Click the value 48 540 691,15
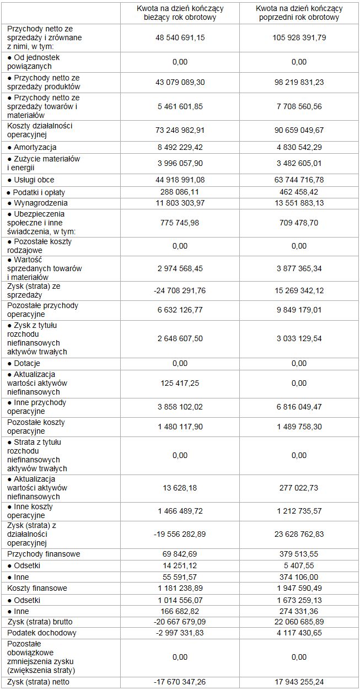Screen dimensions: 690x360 [180, 37]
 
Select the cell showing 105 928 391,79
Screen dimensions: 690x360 [299, 37]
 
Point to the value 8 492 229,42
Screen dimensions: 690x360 [180, 147]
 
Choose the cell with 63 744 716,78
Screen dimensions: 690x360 [299, 180]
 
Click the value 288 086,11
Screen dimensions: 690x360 [180, 192]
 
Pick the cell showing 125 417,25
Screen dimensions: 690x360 [180, 383]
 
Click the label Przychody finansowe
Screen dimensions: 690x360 [44, 553]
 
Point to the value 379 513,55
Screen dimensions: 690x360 [299, 553]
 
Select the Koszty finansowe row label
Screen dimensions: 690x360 [37, 588]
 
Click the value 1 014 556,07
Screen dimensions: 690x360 [180, 600]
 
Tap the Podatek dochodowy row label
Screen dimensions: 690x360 [42, 633]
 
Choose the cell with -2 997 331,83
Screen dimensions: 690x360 [180, 633]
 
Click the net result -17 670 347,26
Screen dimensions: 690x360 [180, 682]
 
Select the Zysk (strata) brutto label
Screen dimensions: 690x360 [42, 622]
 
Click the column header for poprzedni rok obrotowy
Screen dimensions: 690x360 [299, 13]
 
